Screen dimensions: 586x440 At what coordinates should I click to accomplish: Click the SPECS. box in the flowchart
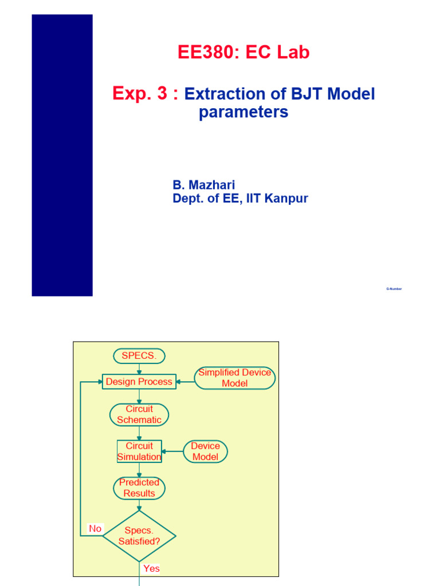[x=139, y=356]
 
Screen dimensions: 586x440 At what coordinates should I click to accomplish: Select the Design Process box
[x=139, y=382]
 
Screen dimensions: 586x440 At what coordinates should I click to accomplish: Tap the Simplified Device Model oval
[x=235, y=378]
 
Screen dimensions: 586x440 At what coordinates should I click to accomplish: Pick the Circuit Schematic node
[x=139, y=415]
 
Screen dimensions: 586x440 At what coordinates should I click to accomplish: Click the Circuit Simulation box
[x=139, y=452]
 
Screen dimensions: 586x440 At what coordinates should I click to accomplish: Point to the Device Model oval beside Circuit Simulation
[x=205, y=452]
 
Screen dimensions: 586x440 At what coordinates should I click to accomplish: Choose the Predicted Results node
[x=139, y=488]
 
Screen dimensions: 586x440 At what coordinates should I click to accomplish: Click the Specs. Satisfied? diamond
[x=139, y=536]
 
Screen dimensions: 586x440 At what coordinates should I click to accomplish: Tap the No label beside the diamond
[x=95, y=529]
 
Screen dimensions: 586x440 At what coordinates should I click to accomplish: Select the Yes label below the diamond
[x=151, y=569]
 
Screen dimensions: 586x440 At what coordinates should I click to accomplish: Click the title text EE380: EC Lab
[x=243, y=53]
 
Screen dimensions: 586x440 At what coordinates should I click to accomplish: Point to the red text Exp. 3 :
[x=146, y=94]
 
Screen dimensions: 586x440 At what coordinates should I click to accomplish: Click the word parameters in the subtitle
[x=243, y=113]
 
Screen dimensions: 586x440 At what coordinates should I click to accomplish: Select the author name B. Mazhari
[x=204, y=185]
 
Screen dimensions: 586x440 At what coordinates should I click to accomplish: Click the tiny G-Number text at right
[x=394, y=289]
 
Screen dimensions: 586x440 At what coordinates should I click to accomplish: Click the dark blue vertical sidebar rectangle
[x=62, y=155]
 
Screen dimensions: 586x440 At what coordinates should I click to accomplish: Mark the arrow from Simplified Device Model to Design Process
[x=185, y=382]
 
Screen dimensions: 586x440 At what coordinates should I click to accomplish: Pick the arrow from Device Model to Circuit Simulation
[x=172, y=452]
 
